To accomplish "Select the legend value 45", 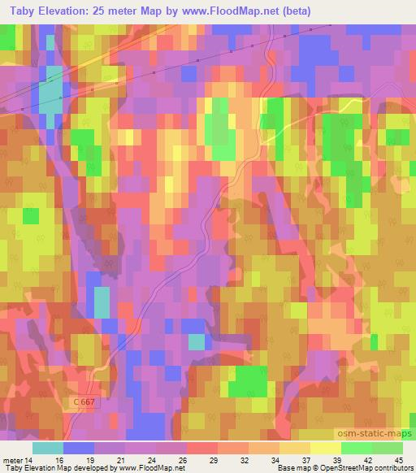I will pos(400,459).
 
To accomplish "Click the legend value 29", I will pos(214,459).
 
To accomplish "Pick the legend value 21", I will pos(122,459).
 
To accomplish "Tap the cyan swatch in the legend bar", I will pos(48,447).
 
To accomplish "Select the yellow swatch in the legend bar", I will pos(325,447).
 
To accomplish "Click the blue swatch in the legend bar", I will pos(79,447).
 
